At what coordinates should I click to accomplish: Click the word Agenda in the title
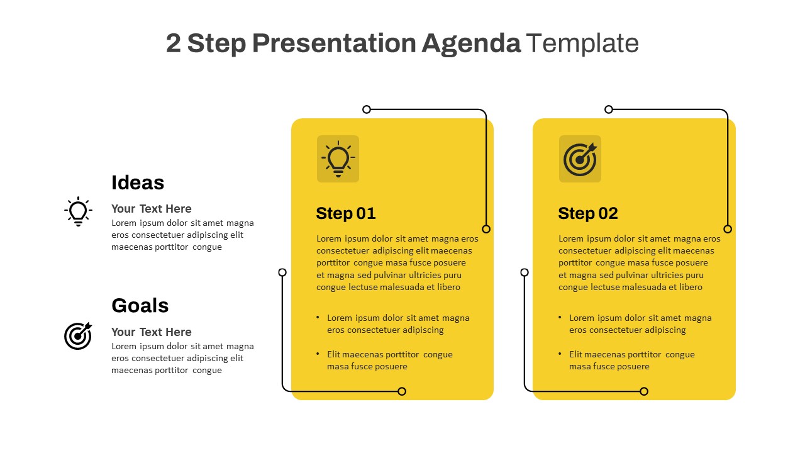(470, 43)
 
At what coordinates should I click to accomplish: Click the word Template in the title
(582, 43)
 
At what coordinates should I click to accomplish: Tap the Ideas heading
(138, 182)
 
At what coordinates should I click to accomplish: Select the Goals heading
(140, 305)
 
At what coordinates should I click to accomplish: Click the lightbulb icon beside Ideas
(78, 211)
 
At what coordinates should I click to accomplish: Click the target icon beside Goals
(78, 335)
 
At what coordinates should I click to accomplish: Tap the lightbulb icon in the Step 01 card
(338, 159)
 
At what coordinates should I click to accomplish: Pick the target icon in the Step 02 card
(580, 159)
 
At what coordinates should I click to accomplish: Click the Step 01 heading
(345, 213)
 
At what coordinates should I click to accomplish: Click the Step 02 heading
(587, 213)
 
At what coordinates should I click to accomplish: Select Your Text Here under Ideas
(151, 209)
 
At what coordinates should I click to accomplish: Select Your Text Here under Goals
(151, 332)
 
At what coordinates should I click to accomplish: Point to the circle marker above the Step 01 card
(367, 109)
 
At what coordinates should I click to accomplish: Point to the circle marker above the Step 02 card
(609, 109)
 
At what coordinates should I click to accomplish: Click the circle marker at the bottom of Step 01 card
(402, 391)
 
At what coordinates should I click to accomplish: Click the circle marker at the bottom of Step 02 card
(644, 391)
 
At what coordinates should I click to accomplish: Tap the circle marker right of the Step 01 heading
(486, 229)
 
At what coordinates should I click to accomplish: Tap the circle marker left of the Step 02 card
(525, 272)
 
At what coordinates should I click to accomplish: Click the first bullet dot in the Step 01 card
(318, 318)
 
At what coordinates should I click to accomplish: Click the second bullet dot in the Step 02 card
(560, 354)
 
